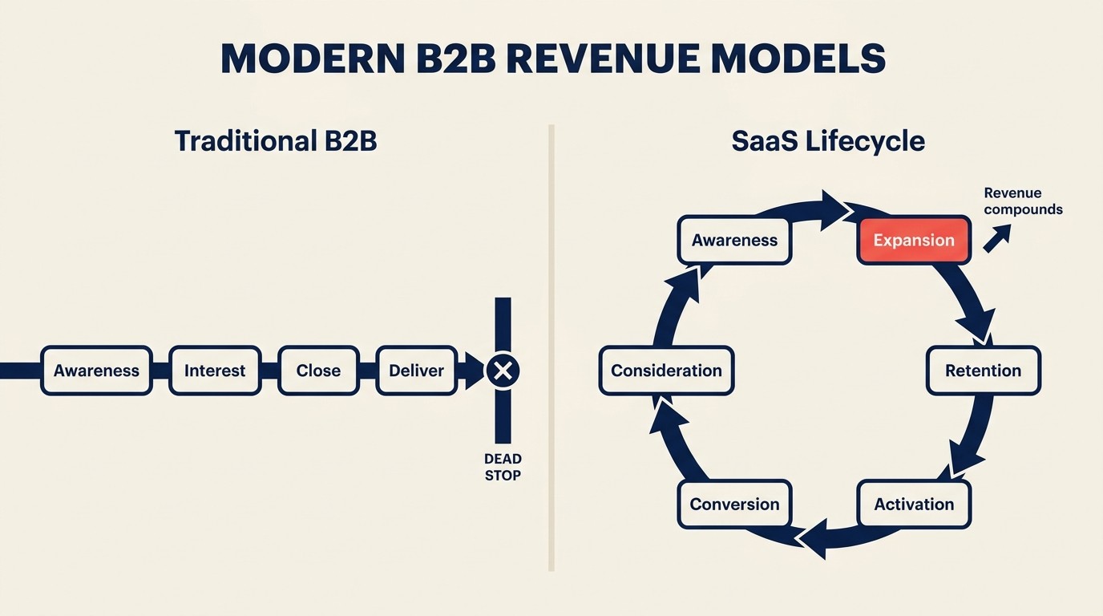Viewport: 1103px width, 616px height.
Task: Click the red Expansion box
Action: [914, 240]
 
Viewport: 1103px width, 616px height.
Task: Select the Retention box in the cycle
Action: [983, 371]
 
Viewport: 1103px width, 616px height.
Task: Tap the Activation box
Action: [914, 504]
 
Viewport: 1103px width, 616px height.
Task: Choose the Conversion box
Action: [734, 504]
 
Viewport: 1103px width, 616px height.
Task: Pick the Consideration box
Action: [666, 371]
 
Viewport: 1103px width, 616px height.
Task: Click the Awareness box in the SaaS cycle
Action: [734, 240]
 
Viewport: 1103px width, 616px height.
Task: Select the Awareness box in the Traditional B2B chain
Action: [96, 371]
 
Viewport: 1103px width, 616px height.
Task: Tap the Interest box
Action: [215, 371]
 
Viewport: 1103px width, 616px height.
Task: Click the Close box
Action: [318, 371]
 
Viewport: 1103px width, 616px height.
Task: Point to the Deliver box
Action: [416, 371]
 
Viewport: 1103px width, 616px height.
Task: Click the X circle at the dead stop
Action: [503, 371]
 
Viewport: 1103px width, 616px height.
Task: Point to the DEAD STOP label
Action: [503, 467]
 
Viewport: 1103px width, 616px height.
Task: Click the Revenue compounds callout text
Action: [1023, 201]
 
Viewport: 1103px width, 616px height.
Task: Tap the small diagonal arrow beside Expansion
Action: [997, 238]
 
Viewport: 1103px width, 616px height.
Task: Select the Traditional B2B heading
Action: [275, 141]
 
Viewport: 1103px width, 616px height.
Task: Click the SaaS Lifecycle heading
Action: [828, 141]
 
